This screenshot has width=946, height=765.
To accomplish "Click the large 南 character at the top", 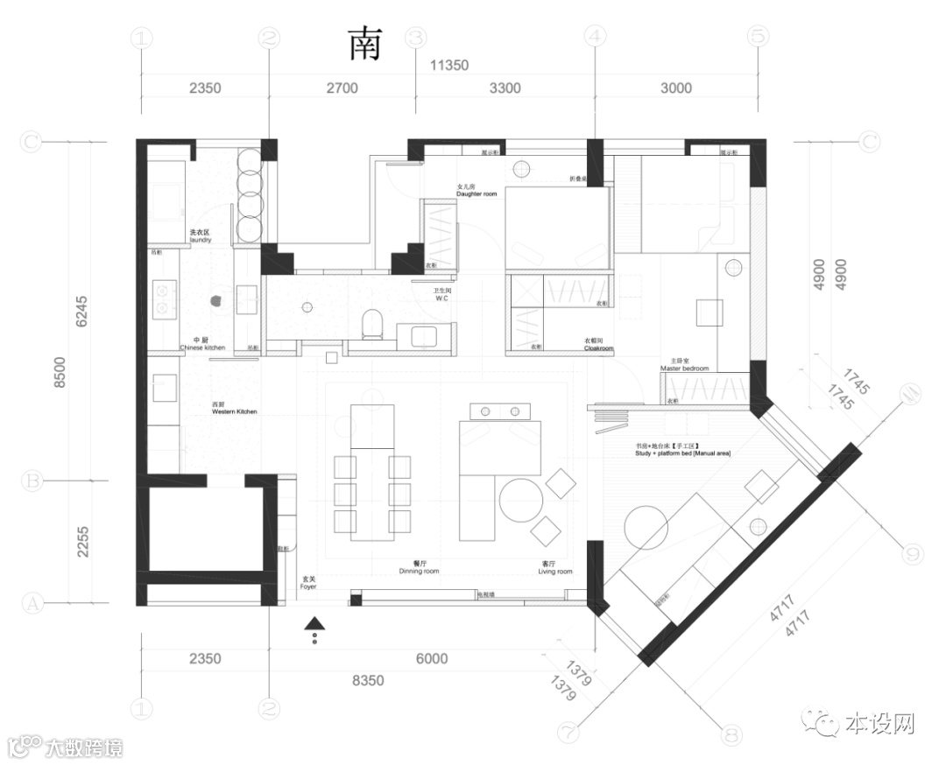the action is [365, 44].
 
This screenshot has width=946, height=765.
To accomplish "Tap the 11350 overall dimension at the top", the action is [449, 65].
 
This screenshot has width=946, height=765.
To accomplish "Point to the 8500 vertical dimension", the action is [59, 372].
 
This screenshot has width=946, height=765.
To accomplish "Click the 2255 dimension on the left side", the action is [83, 542].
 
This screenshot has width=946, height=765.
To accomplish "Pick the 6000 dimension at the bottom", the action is [431, 659].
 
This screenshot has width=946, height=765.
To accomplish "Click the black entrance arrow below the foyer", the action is [315, 624].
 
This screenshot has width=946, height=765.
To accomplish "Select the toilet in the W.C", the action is [372, 325].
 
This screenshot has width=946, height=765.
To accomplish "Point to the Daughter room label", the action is [477, 191].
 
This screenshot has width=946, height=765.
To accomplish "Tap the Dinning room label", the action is [419, 569].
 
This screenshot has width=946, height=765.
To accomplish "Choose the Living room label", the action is [555, 569].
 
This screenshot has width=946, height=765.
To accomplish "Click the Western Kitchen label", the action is [234, 409].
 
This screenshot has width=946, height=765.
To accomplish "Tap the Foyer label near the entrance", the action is [308, 584].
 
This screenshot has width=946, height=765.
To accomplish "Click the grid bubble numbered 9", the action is [912, 553].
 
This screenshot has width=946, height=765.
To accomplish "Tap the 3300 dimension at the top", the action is [505, 88].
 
